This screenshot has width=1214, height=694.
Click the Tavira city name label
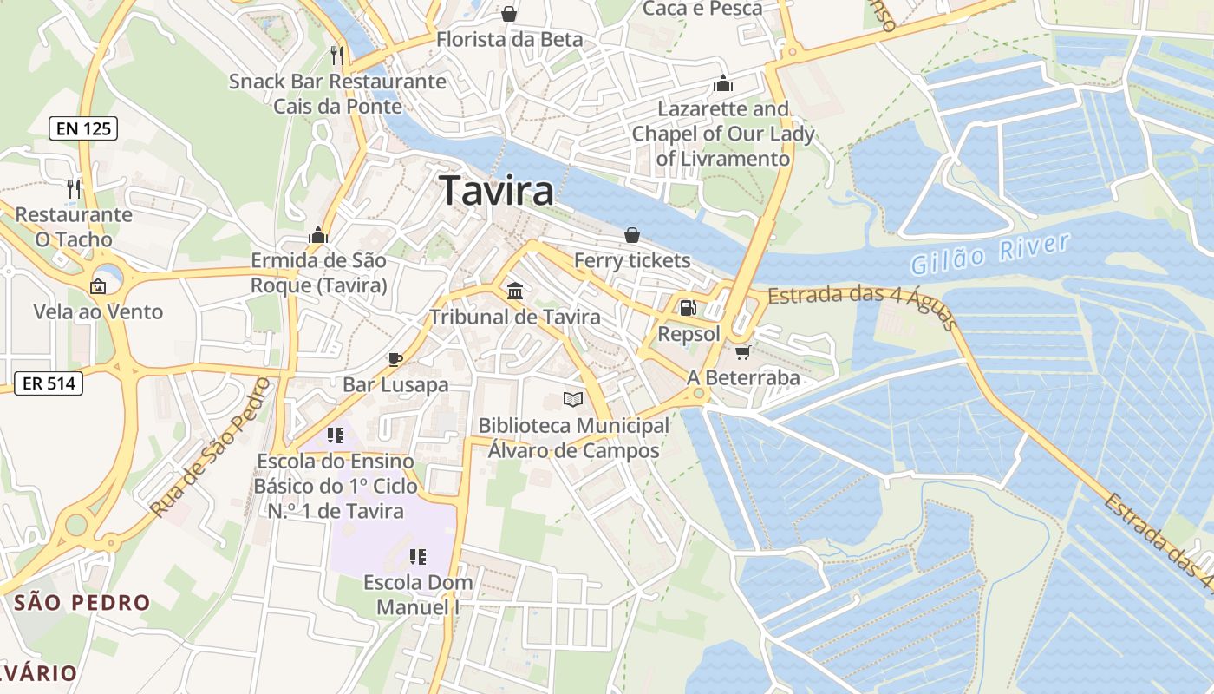coord(497,191)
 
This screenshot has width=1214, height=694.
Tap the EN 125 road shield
coord(82,129)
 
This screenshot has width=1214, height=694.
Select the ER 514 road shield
coord(49,383)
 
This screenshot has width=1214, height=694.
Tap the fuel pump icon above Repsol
coord(687,308)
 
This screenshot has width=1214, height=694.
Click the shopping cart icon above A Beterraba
coord(742,352)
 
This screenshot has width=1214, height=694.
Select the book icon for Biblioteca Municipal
coord(572,399)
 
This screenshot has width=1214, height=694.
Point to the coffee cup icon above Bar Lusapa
coord(395,359)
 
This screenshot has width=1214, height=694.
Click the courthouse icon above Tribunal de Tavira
coord(515,291)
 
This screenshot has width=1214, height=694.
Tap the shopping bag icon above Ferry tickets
coord(632,234)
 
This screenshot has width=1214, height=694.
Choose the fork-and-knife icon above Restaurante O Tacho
coord(74,188)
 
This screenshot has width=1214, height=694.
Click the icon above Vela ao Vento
coord(98,285)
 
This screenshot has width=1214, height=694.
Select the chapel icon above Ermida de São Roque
coord(318,235)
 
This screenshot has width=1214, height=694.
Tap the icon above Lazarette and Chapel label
coord(722,83)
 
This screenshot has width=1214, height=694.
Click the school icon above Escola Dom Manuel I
coord(418,556)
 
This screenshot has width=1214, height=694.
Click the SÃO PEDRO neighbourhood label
coord(83,602)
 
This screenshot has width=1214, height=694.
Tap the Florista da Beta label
coord(509,40)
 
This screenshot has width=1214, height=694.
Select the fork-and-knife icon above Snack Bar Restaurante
coord(337,56)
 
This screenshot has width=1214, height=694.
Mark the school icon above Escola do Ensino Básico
coord(335,435)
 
